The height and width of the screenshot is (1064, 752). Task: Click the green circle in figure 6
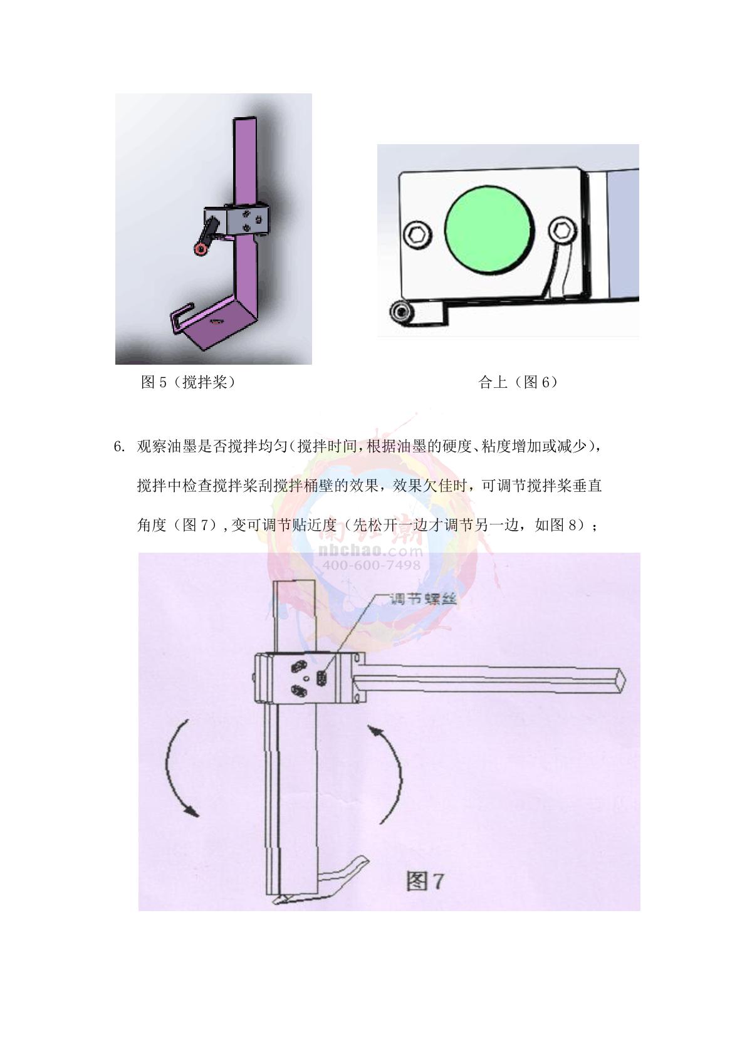pyautogui.click(x=489, y=231)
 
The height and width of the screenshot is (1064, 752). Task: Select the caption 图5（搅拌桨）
pyautogui.click(x=189, y=382)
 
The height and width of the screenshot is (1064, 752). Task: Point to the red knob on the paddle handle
pyautogui.click(x=201, y=249)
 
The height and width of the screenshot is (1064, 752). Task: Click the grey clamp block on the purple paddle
pyautogui.click(x=238, y=220)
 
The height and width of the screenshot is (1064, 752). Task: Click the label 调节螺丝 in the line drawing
pyautogui.click(x=423, y=599)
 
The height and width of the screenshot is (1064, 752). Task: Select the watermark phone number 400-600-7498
pyautogui.click(x=372, y=565)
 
